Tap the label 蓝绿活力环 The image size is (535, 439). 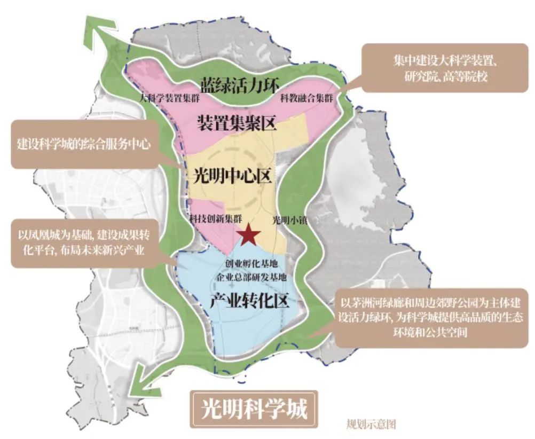coord(240,85)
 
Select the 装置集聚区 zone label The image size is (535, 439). coord(236,124)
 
